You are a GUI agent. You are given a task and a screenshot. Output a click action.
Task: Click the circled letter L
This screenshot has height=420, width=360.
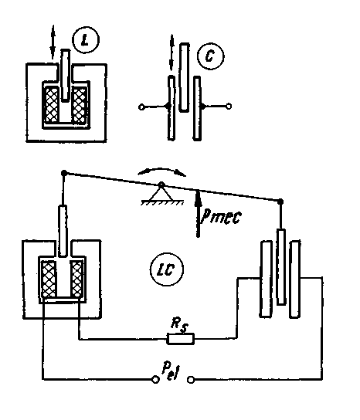point(86,40)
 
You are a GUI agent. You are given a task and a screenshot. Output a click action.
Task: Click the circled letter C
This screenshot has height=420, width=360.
point(210,56)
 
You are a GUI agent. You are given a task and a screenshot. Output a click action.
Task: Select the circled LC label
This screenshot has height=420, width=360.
point(166,269)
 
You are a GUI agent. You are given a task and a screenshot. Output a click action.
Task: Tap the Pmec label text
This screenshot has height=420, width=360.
point(222,216)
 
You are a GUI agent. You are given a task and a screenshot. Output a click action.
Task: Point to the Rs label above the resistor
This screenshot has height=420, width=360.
point(180,323)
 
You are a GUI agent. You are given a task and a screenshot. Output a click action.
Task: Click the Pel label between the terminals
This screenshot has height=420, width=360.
point(171,371)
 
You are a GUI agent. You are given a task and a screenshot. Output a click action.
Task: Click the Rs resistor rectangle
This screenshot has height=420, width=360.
point(181,339)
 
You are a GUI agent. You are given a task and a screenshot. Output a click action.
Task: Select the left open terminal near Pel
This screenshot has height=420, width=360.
point(155,380)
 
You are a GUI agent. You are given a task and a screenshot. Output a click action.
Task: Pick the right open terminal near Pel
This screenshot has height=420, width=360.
point(191,380)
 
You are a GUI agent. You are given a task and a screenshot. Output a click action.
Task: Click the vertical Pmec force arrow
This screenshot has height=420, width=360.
point(198,213)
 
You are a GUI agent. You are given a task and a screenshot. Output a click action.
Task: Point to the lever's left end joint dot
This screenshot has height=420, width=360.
point(64,173)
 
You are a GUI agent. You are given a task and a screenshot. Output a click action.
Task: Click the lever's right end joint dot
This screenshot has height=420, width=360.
point(280,202)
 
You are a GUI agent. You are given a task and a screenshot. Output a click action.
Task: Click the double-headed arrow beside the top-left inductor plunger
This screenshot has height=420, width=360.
point(53,42)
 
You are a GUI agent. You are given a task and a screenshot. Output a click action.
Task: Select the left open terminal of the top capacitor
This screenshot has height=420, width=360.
point(141,107)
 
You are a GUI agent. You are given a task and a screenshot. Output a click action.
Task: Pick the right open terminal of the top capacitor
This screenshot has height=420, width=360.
point(229,107)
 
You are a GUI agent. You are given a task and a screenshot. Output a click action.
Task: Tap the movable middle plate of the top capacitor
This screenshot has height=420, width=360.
point(184,77)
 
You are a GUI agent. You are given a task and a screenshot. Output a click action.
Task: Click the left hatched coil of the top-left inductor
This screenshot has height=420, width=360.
point(52,105)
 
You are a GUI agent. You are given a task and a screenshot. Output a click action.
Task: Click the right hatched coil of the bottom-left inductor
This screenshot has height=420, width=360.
point(77,279)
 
